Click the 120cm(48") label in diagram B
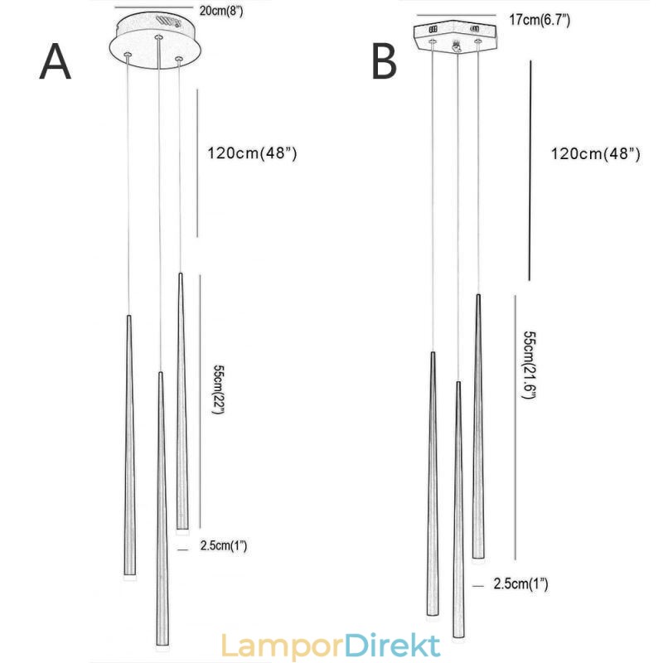(x=595, y=154)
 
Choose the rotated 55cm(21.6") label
(x=528, y=365)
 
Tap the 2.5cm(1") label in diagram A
(x=224, y=546)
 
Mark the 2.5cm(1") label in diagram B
(x=520, y=584)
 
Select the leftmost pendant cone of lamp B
(x=433, y=481)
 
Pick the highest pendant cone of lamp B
(x=478, y=423)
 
